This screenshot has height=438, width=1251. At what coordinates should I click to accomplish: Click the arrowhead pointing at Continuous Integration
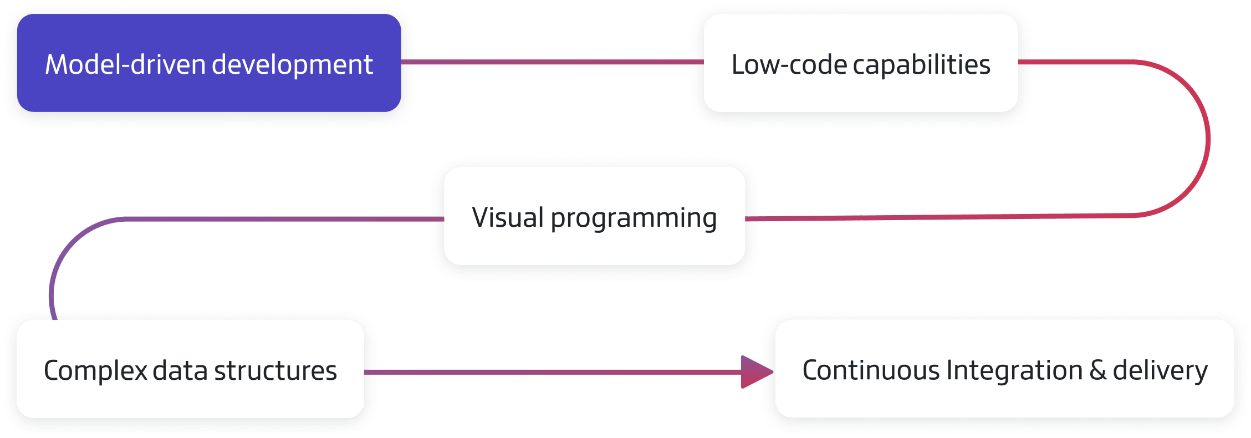756,372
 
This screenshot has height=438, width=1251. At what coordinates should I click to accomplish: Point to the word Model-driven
125,64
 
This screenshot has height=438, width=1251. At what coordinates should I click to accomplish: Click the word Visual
508,217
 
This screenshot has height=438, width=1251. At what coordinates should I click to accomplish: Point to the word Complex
95,371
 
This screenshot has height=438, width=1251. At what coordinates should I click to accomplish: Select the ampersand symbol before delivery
1097,370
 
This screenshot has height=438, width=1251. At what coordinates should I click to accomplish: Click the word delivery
1160,371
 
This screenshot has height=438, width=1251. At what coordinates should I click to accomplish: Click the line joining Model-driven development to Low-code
552,62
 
